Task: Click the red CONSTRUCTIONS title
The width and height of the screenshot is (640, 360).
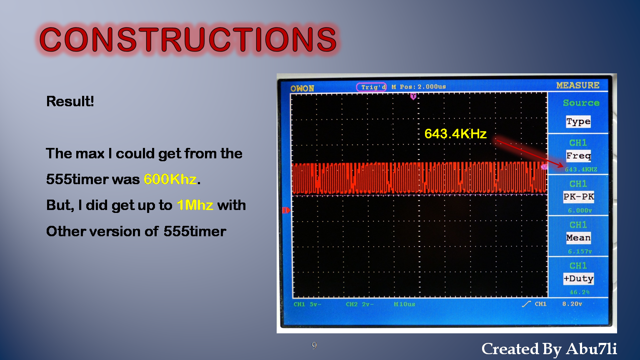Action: [x=188, y=40]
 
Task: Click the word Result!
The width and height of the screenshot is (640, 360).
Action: [x=70, y=101]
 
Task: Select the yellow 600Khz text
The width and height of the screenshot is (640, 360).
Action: [x=170, y=179]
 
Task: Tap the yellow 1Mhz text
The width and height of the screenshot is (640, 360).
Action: [x=195, y=205]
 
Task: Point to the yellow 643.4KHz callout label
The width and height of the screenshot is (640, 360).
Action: [x=455, y=134]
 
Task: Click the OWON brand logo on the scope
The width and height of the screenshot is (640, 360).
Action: [x=302, y=88]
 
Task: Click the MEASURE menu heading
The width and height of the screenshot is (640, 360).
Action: [x=578, y=85]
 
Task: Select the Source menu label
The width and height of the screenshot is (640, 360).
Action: [x=581, y=103]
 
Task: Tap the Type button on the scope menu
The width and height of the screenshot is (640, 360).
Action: [x=578, y=122]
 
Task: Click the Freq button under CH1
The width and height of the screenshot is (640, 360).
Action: [x=578, y=156]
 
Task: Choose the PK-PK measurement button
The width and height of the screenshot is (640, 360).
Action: [x=578, y=197]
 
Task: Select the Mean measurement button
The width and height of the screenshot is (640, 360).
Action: [x=578, y=237]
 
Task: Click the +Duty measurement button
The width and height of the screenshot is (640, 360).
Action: [x=578, y=278]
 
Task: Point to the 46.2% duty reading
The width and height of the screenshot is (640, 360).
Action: [x=580, y=292]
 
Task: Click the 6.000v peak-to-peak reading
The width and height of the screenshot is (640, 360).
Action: [x=580, y=210]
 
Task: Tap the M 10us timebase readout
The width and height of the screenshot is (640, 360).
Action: [x=405, y=304]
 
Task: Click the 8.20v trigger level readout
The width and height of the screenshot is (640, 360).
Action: [x=572, y=304]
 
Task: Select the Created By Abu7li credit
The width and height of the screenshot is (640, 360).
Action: [x=549, y=349]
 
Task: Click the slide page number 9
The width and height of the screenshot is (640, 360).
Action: [x=314, y=345]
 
